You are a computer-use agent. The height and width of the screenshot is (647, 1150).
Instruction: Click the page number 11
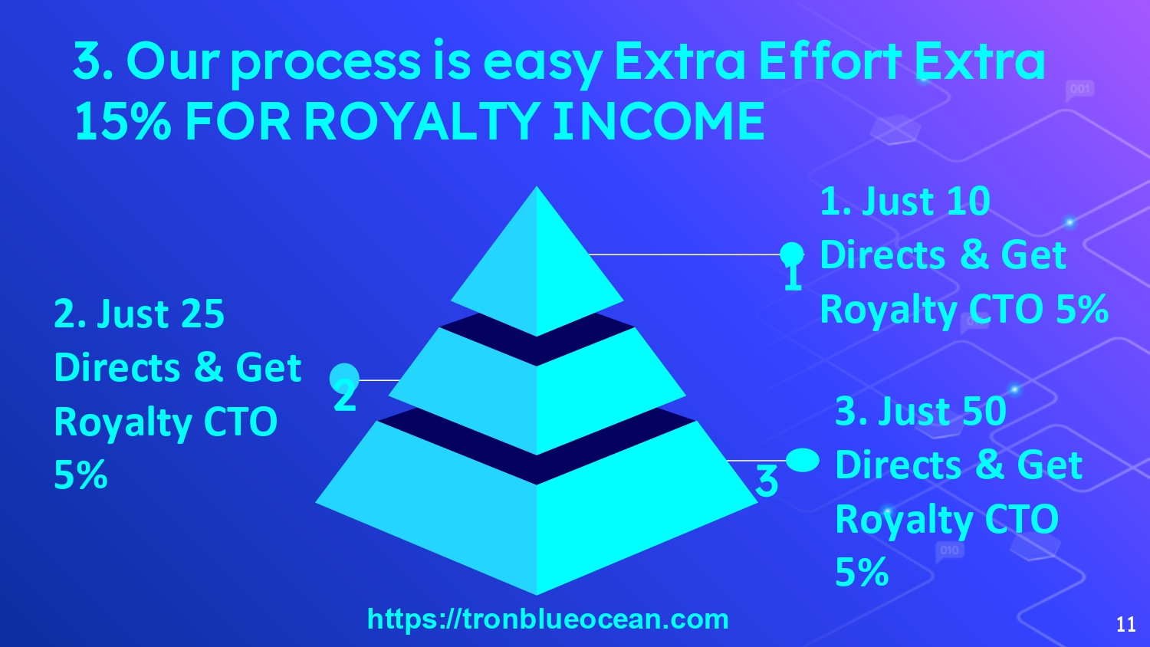tap(1126, 624)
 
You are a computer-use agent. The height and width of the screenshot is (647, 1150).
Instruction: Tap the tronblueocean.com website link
tap(548, 619)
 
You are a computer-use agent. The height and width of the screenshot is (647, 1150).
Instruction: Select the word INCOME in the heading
tap(659, 122)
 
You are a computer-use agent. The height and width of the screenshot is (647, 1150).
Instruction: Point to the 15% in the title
tap(122, 122)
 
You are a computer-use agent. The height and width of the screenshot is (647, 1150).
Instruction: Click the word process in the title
tap(326, 64)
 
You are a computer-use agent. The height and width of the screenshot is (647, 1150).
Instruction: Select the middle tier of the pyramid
tap(537, 391)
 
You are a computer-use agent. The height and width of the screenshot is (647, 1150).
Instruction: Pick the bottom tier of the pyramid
tap(537, 508)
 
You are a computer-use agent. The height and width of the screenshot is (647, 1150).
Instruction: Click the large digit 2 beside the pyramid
tap(344, 396)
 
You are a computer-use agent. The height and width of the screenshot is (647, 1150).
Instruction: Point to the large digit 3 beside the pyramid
tap(767, 481)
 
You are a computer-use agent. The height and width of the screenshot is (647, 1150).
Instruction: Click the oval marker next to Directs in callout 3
tap(803, 460)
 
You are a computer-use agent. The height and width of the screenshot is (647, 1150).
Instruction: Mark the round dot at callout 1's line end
tap(792, 254)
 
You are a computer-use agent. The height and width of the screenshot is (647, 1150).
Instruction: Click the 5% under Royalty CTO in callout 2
tap(80, 475)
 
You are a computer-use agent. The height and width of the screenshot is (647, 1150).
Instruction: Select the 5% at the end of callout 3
tap(862, 572)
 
